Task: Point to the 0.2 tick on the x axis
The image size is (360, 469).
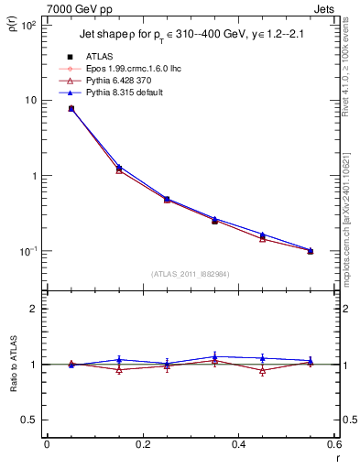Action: [x=143, y=444]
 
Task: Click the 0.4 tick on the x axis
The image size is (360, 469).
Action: [x=239, y=444]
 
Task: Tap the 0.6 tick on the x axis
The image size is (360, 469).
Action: [x=334, y=444]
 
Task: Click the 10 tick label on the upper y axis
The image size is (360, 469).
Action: [x=30, y=100]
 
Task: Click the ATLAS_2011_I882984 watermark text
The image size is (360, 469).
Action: [x=191, y=273]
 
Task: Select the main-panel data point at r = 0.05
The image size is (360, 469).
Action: [x=71, y=108]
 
